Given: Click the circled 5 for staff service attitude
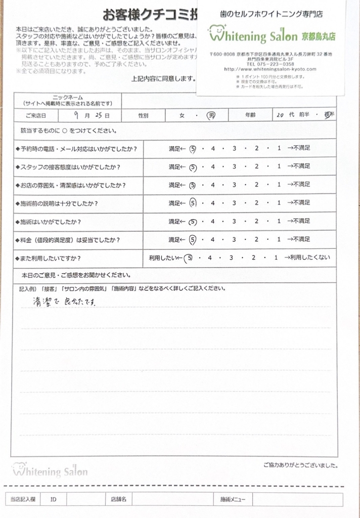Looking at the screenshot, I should tap(193, 166).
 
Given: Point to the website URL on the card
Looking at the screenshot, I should tap(271, 69).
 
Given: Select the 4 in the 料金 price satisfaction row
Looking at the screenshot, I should tap(213, 239).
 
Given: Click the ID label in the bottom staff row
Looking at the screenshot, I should tap(53, 499).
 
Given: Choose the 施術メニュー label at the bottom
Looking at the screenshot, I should tap(232, 499).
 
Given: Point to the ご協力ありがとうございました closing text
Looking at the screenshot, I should tap(300, 465).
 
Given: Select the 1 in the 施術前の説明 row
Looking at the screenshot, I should tap(279, 203).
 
